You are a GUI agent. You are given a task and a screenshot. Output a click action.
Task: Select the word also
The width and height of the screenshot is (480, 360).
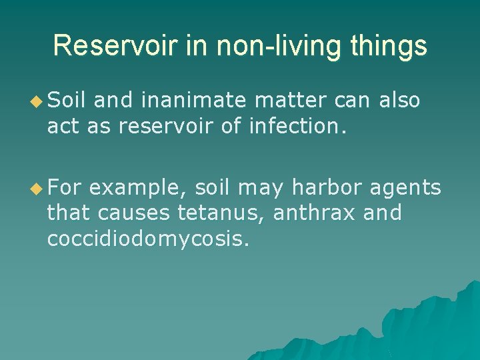click(399, 101)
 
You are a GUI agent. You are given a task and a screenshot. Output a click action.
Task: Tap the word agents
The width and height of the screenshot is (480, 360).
click(407, 189)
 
